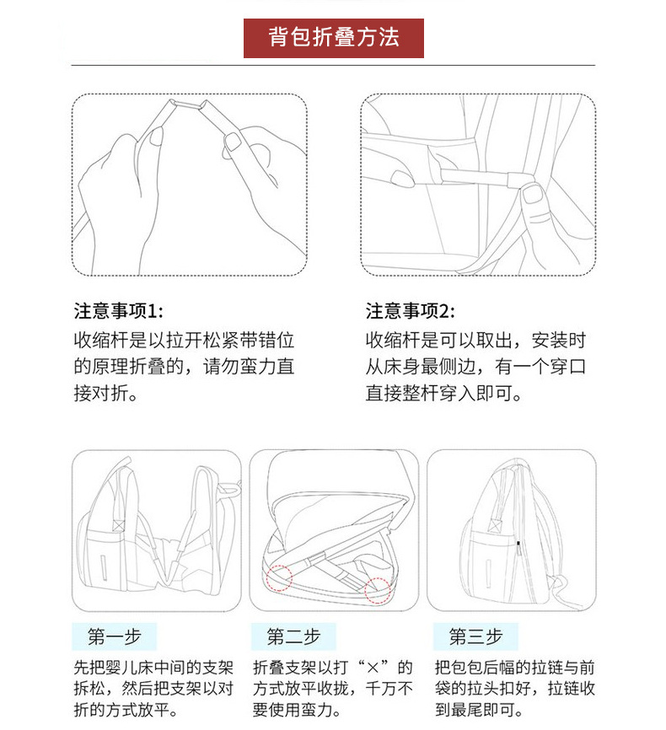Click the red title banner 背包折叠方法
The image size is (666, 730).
click(333, 38)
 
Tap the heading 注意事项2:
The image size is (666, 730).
click(410, 311)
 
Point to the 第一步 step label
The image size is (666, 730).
click(114, 636)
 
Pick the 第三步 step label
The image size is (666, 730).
click(475, 636)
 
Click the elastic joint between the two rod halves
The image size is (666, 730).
click(189, 103)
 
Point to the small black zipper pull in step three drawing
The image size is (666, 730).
click(518, 545)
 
